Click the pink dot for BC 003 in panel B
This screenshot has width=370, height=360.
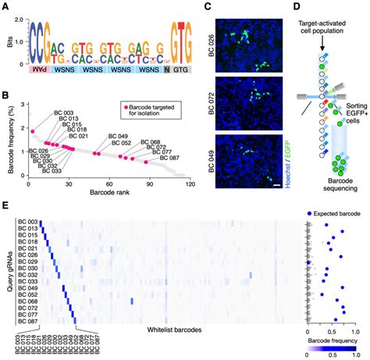pos(31,130)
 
